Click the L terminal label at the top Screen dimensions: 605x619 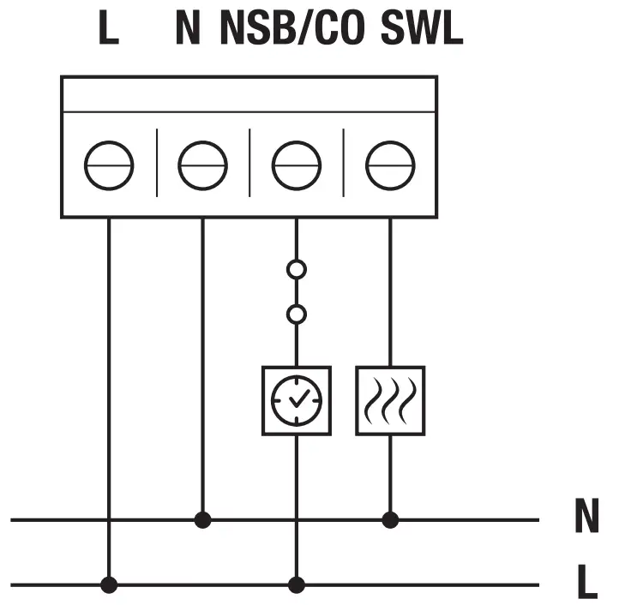point(108,29)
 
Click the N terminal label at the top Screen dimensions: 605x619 point(188,29)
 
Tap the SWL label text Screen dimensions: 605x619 point(421,29)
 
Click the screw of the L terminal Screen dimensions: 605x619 point(109,165)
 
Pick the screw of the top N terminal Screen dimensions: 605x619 point(202,165)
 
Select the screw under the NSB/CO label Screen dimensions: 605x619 point(297,165)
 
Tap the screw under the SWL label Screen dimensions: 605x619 point(390,165)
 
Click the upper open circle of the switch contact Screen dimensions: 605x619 point(297,270)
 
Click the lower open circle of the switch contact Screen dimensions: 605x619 point(297,314)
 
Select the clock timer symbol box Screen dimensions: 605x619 point(297,400)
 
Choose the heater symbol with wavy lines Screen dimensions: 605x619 point(390,400)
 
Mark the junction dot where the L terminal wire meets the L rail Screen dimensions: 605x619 point(109,585)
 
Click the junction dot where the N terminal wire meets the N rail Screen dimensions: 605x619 point(202,519)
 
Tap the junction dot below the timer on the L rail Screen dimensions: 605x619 point(297,585)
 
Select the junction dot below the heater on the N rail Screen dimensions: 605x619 point(390,519)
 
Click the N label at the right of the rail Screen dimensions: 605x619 point(586,517)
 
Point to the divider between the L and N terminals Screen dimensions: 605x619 point(156,163)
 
